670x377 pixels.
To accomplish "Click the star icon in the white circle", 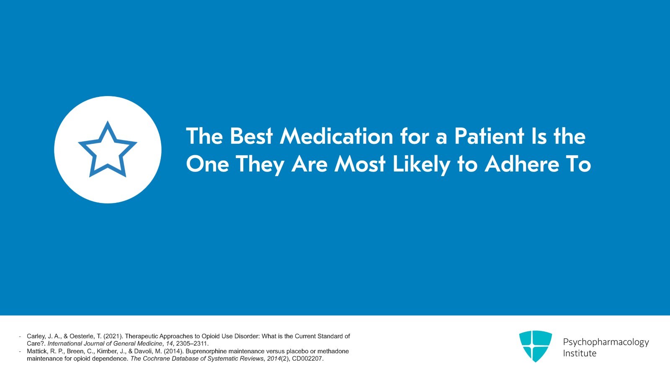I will click(108, 150).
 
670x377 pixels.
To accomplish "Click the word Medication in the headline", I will click(337, 137).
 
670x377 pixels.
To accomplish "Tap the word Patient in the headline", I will click(489, 137).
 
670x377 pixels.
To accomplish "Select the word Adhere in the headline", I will click(522, 164).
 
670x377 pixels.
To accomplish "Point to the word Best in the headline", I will click(251, 137).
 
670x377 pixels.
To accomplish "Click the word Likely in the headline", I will click(421, 165).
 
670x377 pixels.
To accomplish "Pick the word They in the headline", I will click(260, 165).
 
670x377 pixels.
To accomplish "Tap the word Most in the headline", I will click(360, 164).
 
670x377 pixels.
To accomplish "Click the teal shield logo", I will click(535, 346).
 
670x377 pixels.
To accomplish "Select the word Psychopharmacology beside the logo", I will click(606, 342).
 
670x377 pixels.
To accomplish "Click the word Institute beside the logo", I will click(580, 354).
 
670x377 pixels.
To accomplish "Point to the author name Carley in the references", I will click(36, 336).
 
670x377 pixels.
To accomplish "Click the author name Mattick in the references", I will click(36, 351).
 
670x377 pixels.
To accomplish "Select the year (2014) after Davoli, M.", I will click(174, 351).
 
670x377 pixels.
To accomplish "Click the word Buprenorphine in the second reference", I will click(206, 351).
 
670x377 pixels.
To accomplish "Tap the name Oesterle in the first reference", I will click(82, 336).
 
